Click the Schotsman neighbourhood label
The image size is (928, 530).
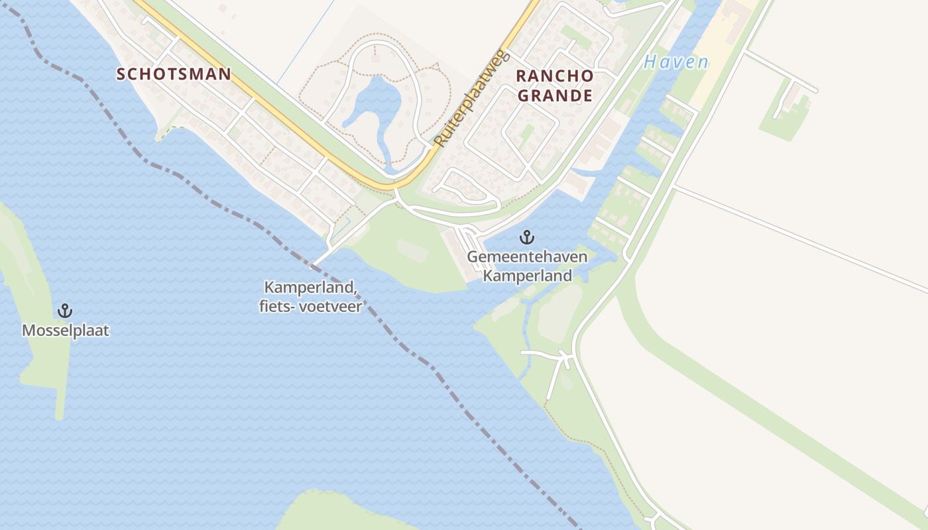(x=174, y=74)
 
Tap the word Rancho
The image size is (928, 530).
(x=555, y=76)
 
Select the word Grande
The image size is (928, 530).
(x=555, y=95)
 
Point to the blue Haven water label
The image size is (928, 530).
(x=675, y=62)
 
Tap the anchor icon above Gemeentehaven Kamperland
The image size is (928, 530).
(x=527, y=237)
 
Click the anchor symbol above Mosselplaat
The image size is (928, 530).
(x=65, y=310)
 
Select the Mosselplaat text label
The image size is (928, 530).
(x=65, y=330)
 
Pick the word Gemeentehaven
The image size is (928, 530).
(x=527, y=256)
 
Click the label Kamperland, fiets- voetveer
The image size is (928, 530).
(x=313, y=297)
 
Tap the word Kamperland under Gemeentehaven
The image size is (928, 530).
(x=527, y=275)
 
